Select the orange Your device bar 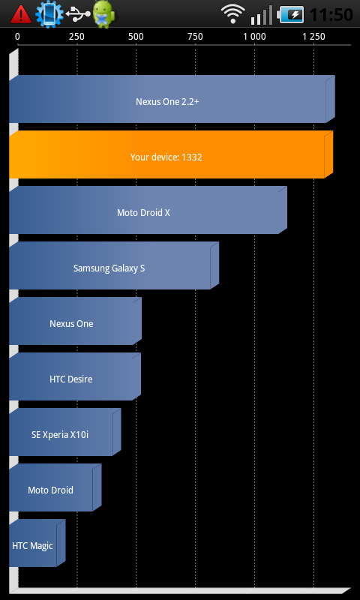tap(171, 154)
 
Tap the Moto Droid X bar tap(148, 210)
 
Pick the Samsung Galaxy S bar tap(114, 265)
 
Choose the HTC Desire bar tap(75, 376)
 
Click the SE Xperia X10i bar tap(65, 432)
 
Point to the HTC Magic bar tap(37, 543)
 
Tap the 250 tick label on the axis tap(77, 37)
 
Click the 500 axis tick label tap(136, 37)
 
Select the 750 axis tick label tap(196, 37)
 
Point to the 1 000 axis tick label tap(254, 37)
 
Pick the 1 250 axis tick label tap(313, 37)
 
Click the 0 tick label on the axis tap(17, 37)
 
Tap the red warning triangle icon tap(21, 14)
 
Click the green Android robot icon tap(103, 13)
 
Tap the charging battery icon tap(292, 14)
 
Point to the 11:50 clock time tap(331, 15)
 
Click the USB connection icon tap(78, 13)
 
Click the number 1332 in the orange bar tap(192, 157)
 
